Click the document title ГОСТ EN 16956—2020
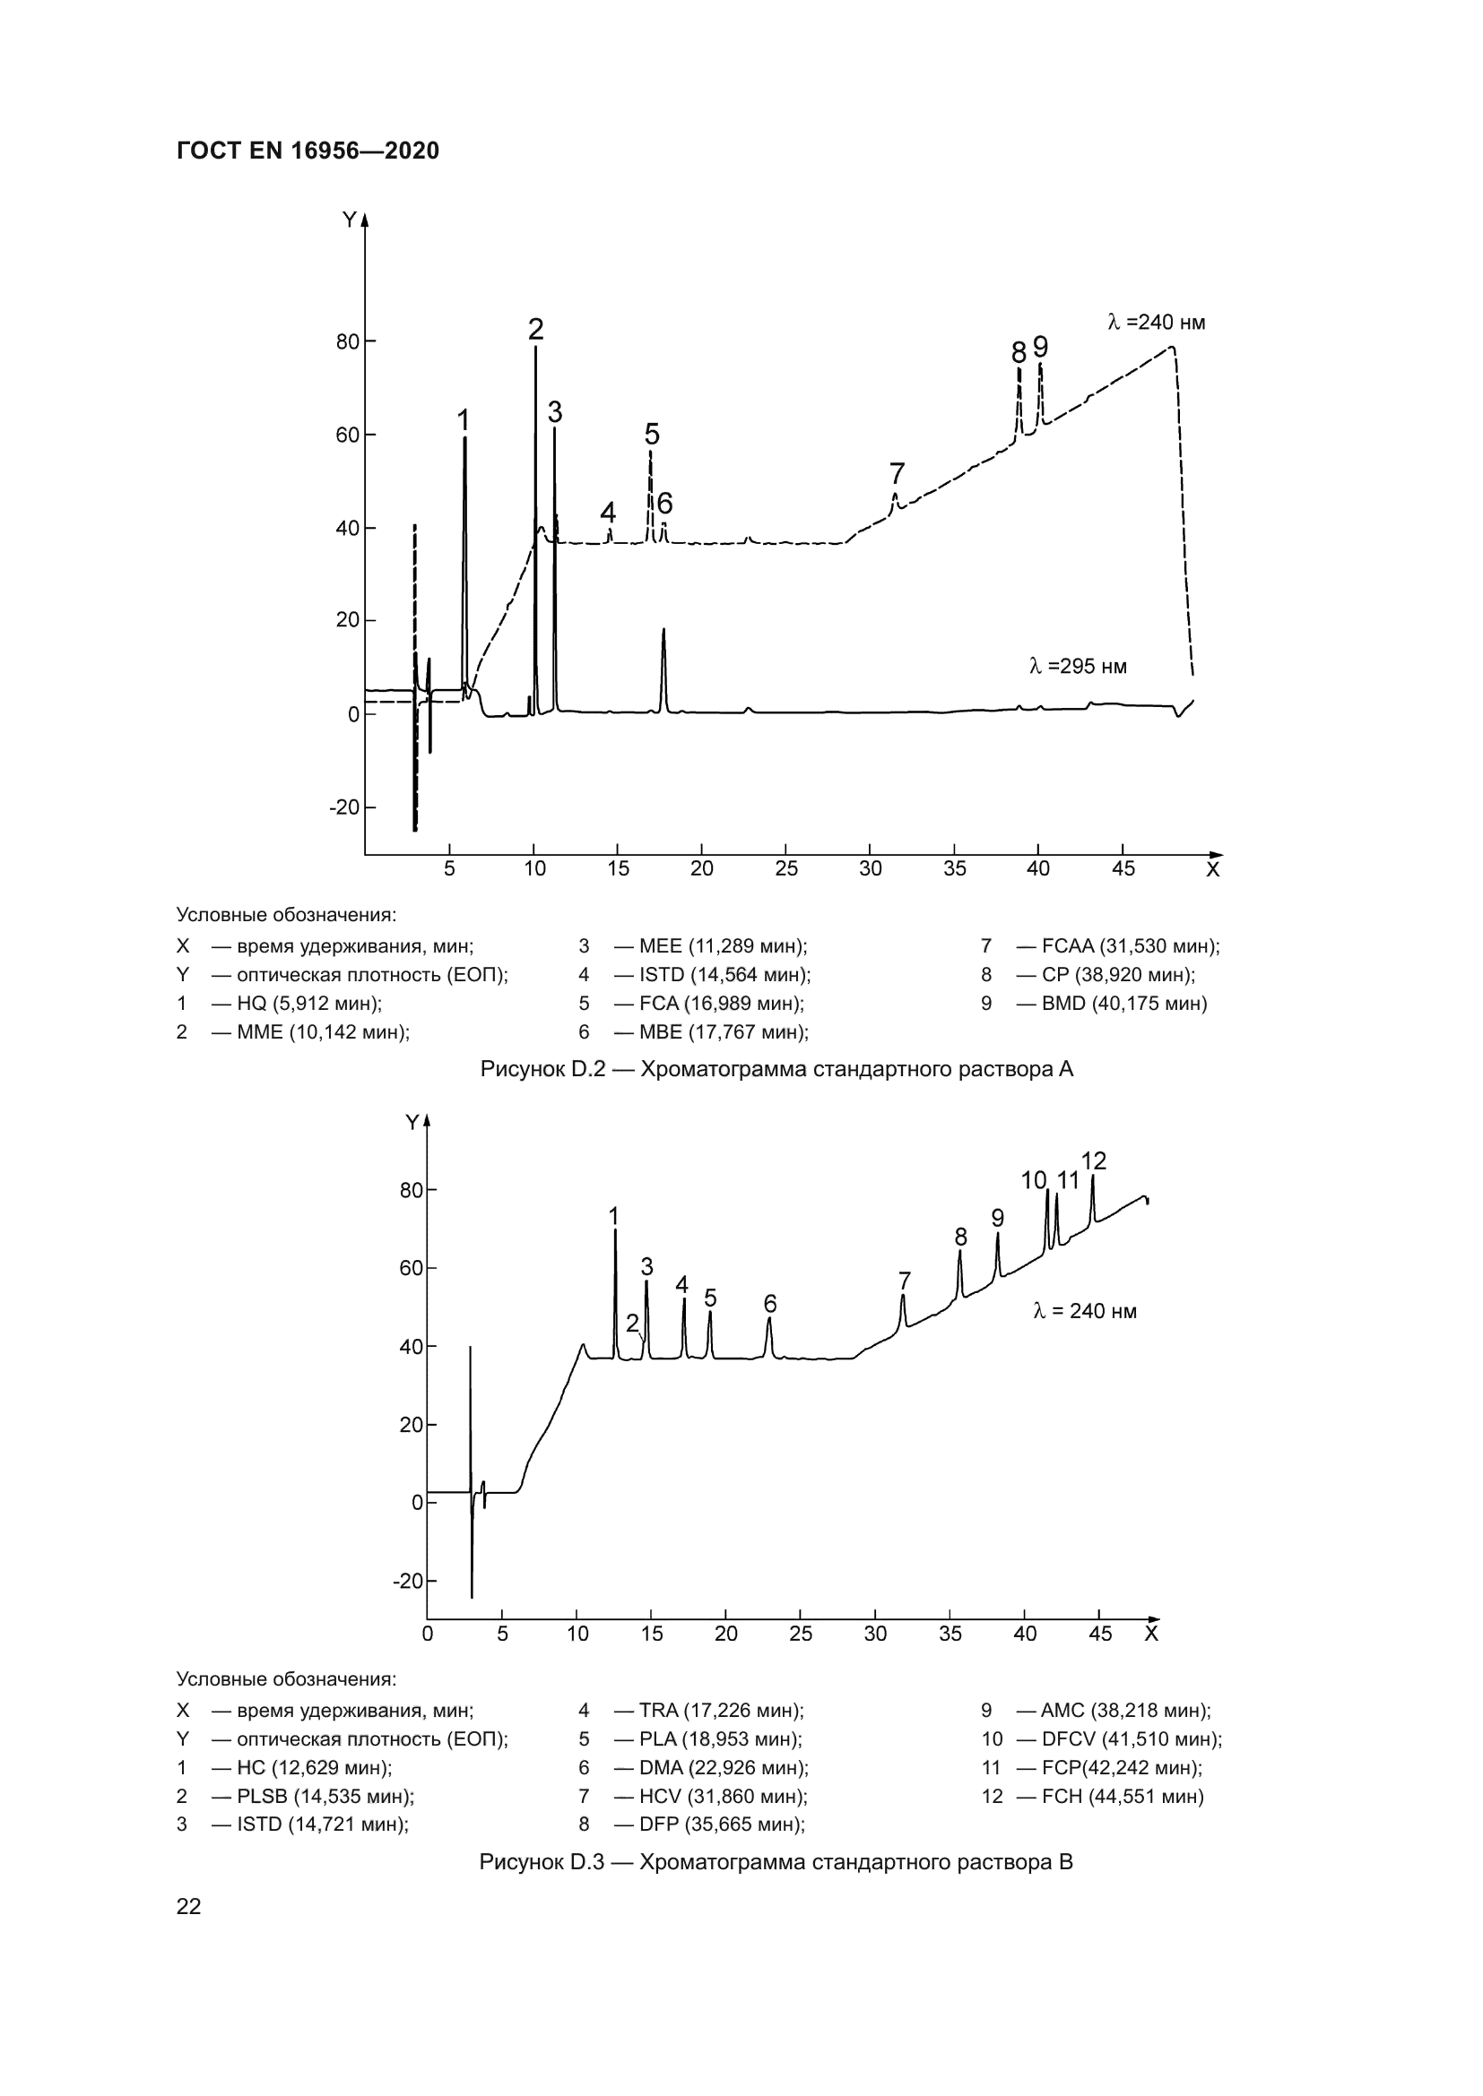[308, 151]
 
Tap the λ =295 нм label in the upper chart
[1078, 667]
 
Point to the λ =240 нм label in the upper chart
[1156, 323]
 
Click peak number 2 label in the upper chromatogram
[536, 329]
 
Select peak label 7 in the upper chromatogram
[897, 474]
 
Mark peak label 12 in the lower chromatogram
[1093, 1161]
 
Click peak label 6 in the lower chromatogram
[770, 1303]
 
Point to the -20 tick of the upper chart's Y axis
[344, 808]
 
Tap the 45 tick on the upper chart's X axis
[1123, 869]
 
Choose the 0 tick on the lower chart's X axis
[428, 1635]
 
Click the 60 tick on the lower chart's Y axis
[411, 1268]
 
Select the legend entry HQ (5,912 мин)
[308, 1004]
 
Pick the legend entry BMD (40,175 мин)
[1123, 1004]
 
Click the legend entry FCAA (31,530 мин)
[1130, 945]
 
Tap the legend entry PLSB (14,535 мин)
[325, 1797]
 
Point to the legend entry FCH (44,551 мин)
[1123, 1797]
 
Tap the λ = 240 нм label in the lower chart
[1084, 1312]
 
